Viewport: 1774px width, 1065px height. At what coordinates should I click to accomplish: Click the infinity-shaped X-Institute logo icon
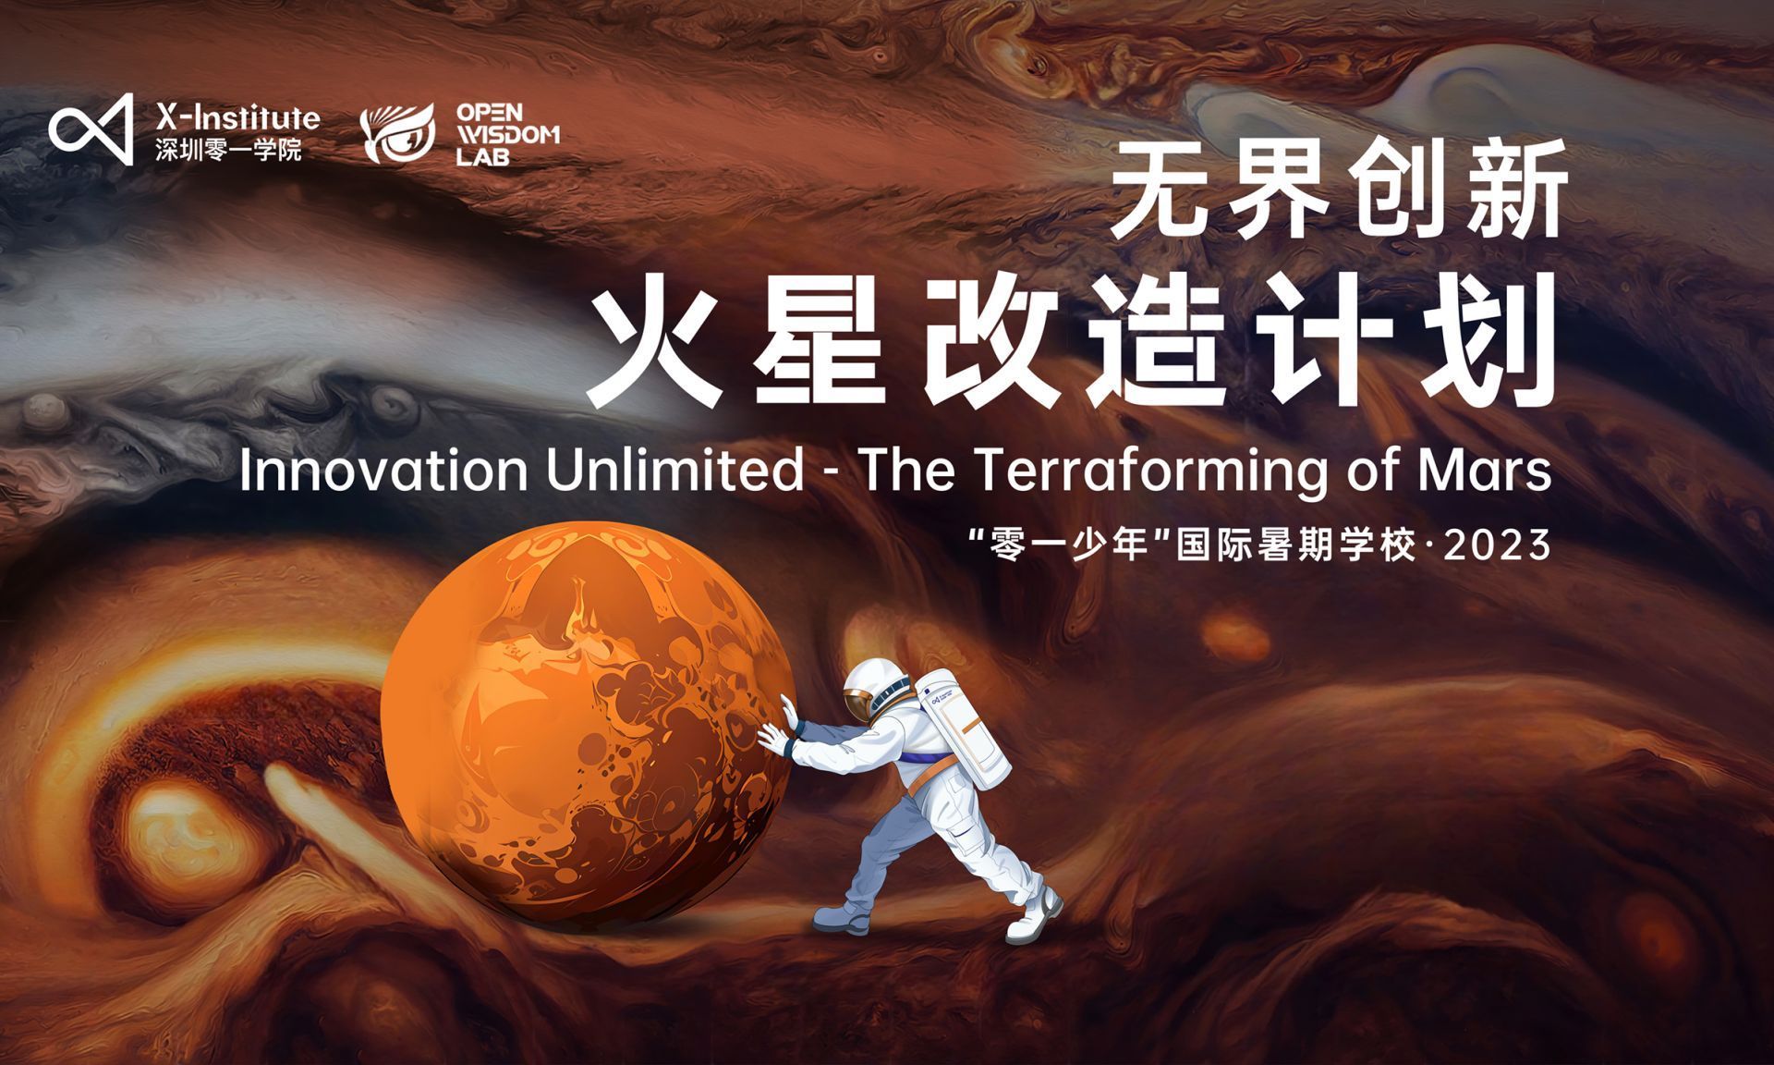[91, 129]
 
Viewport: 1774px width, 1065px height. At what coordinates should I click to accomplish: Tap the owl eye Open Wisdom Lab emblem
[398, 133]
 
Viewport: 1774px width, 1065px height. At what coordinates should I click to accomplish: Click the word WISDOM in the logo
[508, 134]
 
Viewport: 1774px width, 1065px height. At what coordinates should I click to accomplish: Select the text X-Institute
[237, 117]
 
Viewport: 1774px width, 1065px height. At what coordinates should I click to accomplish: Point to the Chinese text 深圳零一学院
[228, 151]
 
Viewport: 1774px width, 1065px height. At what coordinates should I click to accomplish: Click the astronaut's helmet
[869, 690]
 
